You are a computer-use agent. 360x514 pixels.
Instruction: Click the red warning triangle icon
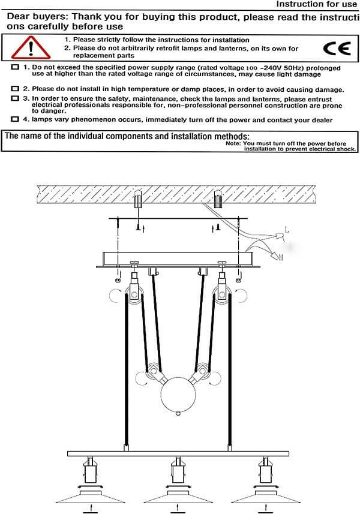[x=31, y=48]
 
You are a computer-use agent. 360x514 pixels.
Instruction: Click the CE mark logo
[x=337, y=49]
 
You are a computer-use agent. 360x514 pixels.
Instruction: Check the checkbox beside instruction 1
[x=15, y=67]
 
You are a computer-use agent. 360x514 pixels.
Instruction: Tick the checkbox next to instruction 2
[x=15, y=89]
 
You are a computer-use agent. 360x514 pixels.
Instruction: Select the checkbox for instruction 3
[x=15, y=98]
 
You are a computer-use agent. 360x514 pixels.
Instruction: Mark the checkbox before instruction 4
[x=15, y=119]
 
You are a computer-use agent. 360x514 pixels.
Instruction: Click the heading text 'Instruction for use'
[x=316, y=4]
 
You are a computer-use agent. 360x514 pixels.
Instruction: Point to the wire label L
[x=287, y=230]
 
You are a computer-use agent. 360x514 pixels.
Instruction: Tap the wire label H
[x=281, y=258]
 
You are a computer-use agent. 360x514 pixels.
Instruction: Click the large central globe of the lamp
[x=178, y=396]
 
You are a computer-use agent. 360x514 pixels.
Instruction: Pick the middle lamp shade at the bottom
[x=178, y=497]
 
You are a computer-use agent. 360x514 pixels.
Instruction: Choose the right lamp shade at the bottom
[x=266, y=497]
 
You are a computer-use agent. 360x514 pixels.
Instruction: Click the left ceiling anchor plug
[x=138, y=200]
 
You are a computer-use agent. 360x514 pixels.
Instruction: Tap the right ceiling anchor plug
[x=218, y=200]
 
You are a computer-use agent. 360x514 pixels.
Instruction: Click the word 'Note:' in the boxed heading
[x=233, y=143]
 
